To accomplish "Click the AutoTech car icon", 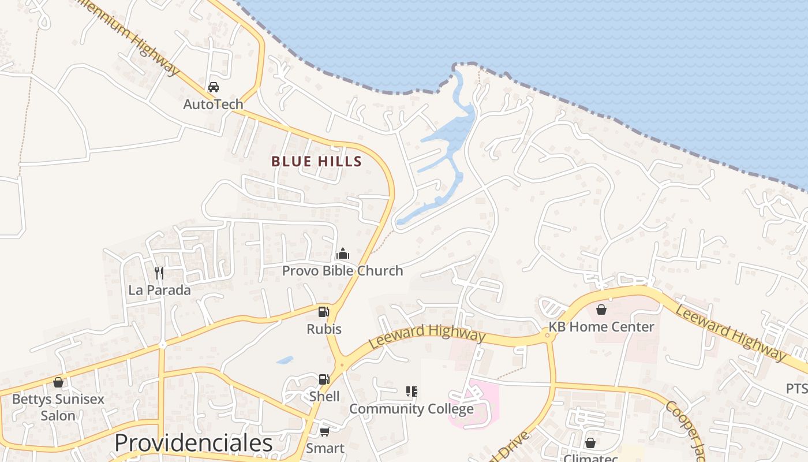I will click(x=213, y=87).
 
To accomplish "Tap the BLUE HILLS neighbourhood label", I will click(x=316, y=162).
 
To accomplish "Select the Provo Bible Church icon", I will click(x=343, y=254).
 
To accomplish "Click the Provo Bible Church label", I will click(x=342, y=271).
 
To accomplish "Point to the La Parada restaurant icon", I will click(x=159, y=273).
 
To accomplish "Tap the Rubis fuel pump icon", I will click(x=324, y=312).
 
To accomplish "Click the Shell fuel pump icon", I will click(x=324, y=379).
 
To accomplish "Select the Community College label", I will click(x=411, y=409).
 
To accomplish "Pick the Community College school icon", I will click(x=411, y=392).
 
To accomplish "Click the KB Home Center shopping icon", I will click(x=601, y=310).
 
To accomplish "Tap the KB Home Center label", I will click(x=601, y=327).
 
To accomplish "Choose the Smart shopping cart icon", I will click(x=324, y=431).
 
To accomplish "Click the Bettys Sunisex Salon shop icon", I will click(x=58, y=382).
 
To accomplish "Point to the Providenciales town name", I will click(x=193, y=444).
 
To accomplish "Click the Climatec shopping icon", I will click(x=590, y=443).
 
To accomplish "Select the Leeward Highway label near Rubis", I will click(x=427, y=336).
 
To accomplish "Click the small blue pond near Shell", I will click(x=285, y=360).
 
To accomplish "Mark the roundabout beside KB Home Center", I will click(x=547, y=335).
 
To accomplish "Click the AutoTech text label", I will click(x=213, y=105).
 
